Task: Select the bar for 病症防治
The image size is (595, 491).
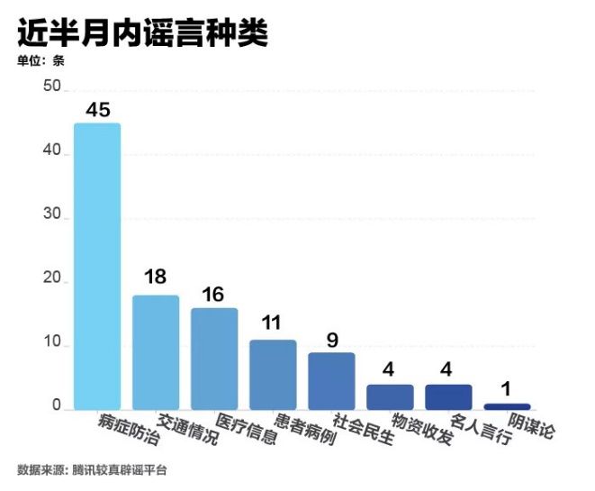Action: [97, 266]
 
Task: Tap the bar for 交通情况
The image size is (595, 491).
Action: [156, 351]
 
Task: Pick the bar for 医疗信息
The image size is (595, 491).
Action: [214, 358]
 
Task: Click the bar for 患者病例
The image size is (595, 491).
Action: [273, 374]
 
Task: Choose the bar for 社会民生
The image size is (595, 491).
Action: [331, 380]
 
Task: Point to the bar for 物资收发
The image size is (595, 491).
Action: [390, 396]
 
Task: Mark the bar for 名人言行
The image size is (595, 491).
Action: [448, 396]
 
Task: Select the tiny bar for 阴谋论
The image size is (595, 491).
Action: [507, 406]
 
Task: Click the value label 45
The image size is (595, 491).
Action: [97, 110]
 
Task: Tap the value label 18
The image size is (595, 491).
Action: [156, 277]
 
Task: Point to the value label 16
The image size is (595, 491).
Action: [214, 294]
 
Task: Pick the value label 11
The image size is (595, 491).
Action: [273, 323]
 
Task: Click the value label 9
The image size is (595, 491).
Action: [331, 339]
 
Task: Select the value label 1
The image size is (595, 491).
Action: [507, 389]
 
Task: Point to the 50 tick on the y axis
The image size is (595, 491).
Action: [50, 88]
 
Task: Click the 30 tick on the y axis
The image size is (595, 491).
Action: [50, 217]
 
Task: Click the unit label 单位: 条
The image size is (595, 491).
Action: [41, 61]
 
